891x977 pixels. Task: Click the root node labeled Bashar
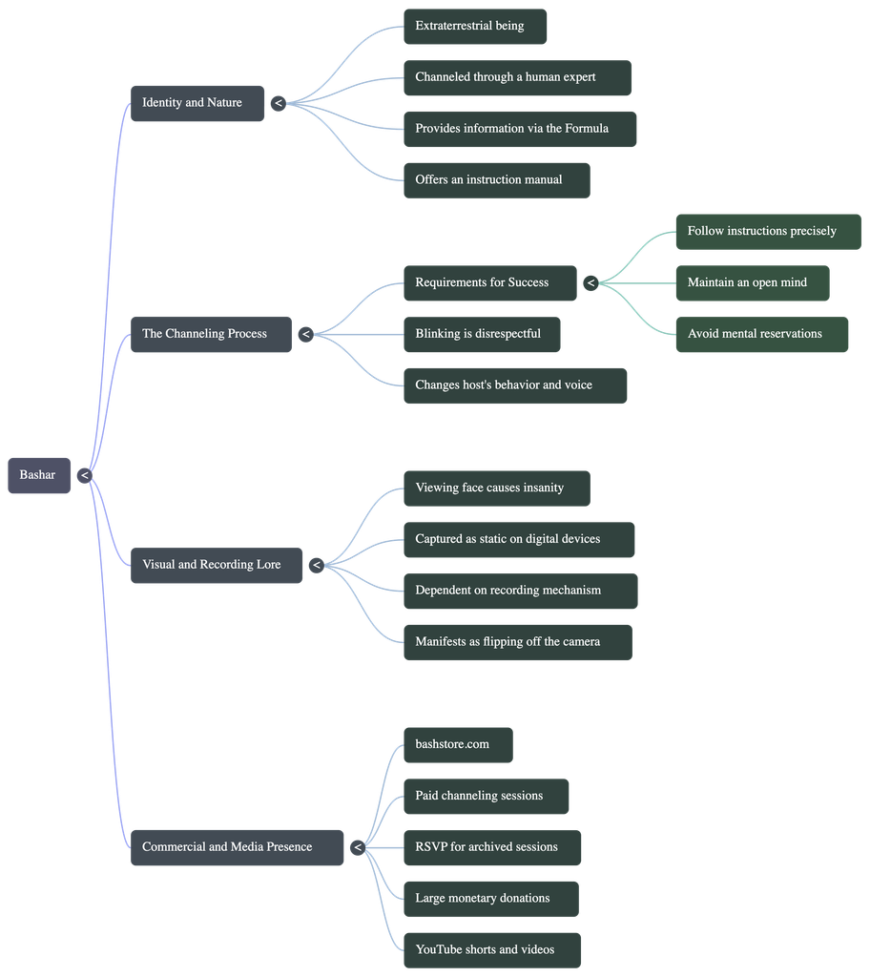(38, 475)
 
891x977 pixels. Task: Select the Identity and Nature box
(197, 103)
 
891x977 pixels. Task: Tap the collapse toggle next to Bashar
(85, 476)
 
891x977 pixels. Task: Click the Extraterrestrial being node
(475, 26)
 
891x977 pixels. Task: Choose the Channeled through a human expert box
(517, 78)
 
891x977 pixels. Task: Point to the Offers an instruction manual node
(497, 180)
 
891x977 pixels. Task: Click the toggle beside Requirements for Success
(591, 283)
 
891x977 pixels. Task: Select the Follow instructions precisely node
(768, 232)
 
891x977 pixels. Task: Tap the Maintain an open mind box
(753, 283)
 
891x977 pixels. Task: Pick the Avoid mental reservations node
(762, 335)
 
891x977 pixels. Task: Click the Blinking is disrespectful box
(482, 335)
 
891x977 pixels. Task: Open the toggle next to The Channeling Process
(305, 335)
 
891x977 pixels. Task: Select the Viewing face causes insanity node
(497, 488)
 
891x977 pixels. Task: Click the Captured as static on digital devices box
(519, 540)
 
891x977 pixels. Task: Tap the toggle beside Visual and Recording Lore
(317, 565)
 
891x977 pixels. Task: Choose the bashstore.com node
(458, 745)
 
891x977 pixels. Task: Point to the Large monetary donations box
(491, 899)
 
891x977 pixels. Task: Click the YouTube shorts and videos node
(492, 950)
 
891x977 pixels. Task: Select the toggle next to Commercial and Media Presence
(358, 847)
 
